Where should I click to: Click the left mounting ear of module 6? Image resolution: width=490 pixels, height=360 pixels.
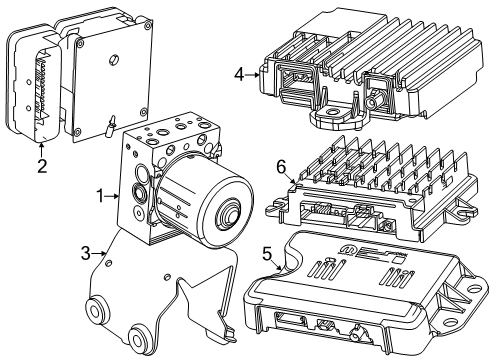pyautogui.click(x=272, y=209)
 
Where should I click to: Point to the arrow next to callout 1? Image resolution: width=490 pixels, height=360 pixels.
pyautogui.click(x=116, y=197)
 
